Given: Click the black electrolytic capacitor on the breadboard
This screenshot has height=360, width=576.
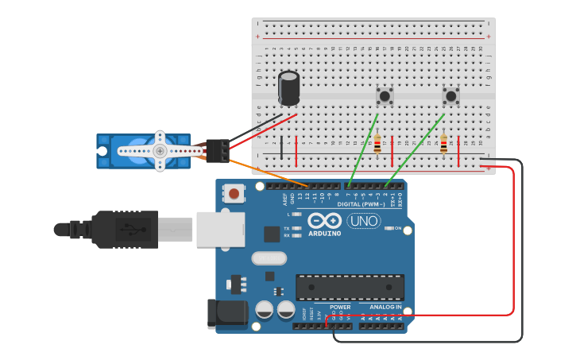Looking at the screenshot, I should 289,88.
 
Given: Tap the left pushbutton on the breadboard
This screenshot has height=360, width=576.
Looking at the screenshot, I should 385,96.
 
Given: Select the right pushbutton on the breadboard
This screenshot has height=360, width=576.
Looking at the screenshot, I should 451,96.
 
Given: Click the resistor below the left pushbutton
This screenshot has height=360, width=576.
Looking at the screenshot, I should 377,145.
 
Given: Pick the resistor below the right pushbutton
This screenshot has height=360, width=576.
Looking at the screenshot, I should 443,145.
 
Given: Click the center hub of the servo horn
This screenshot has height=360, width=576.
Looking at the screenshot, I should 160,150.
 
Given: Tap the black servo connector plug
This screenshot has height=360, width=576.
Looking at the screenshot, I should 217,149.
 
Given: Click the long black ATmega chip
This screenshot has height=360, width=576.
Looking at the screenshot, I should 350,287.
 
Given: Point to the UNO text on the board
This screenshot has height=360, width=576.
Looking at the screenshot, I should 363,221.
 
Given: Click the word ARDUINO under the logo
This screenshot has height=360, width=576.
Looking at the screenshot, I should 325,234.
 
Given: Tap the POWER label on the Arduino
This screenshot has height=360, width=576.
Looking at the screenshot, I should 340,307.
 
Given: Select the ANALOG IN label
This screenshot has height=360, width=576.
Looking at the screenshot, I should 385,307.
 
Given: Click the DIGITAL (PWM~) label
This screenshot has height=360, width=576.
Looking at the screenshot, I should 361,204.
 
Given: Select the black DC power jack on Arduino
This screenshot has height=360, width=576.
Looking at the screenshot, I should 226,313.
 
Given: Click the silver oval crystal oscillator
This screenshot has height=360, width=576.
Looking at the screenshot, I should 269,258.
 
